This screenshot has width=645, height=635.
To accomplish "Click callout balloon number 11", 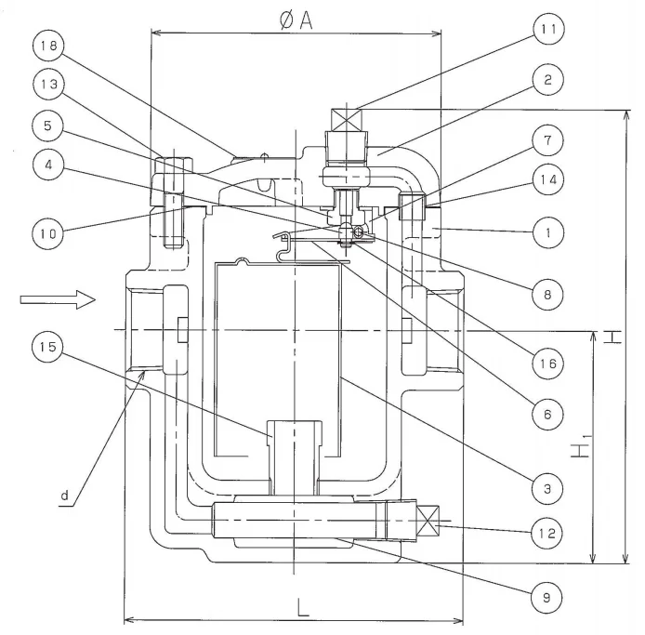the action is pyautogui.click(x=548, y=29).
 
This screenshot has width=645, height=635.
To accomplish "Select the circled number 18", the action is pyautogui.click(x=48, y=46).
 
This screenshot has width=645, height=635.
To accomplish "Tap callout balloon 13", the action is pyautogui.click(x=48, y=85).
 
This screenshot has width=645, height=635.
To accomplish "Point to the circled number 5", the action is pyautogui.click(x=47, y=126).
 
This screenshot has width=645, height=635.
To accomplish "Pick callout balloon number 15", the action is pyautogui.click(x=47, y=347).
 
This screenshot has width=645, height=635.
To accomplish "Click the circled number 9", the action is pyautogui.click(x=546, y=597).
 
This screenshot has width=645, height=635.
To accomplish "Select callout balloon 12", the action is pyautogui.click(x=546, y=533).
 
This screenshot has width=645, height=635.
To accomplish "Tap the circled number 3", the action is pyautogui.click(x=547, y=489).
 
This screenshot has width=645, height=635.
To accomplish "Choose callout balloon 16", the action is pyautogui.click(x=547, y=364).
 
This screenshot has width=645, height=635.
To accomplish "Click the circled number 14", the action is pyautogui.click(x=548, y=179).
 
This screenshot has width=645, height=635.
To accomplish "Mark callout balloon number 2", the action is pyautogui.click(x=548, y=79).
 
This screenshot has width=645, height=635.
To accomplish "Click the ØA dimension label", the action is pyautogui.click(x=296, y=20).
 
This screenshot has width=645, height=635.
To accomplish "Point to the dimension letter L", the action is pyautogui.click(x=303, y=607).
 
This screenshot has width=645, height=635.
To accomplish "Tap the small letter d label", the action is pyautogui.click(x=65, y=496).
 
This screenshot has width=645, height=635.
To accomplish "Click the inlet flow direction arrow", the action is pyautogui.click(x=58, y=299).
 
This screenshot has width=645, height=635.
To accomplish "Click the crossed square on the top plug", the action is pyautogui.click(x=347, y=120).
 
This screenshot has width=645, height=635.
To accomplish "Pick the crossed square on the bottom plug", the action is pyautogui.click(x=428, y=521).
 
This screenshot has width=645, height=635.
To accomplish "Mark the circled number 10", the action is pyautogui.click(x=47, y=233).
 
